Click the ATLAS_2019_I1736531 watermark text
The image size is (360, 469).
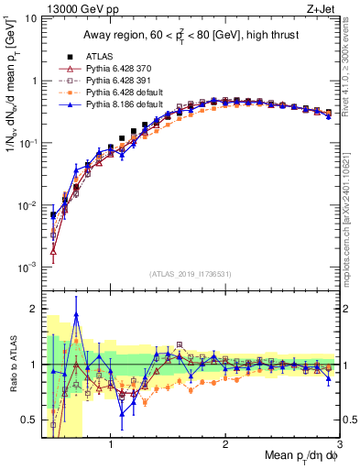tap(191, 274)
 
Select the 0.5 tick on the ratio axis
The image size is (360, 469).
tap(30, 420)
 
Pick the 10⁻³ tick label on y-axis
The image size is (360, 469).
tap(27, 267)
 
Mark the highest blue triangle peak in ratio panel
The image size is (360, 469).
tap(76, 313)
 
